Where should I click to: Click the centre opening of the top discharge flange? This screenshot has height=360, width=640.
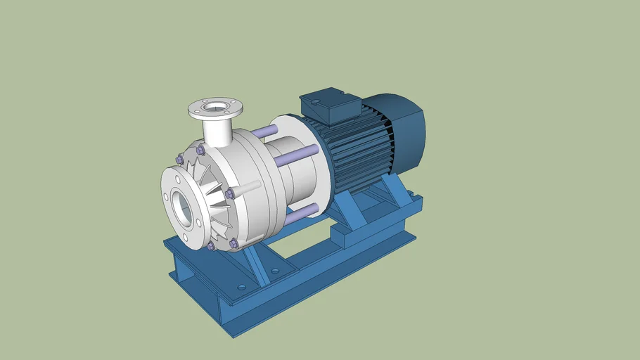tap(215, 108)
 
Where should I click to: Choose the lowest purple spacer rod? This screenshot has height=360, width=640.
tap(298, 212)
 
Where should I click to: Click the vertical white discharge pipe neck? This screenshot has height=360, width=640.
tap(215, 130)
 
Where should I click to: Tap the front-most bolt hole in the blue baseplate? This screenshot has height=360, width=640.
tap(242, 288)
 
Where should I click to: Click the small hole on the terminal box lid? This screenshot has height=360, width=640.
tap(317, 103)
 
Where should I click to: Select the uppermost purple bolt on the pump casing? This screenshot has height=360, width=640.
tap(200, 150)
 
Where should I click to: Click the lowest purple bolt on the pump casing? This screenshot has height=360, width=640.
tap(210, 246)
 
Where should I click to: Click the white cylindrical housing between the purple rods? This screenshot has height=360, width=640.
tap(285, 183)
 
